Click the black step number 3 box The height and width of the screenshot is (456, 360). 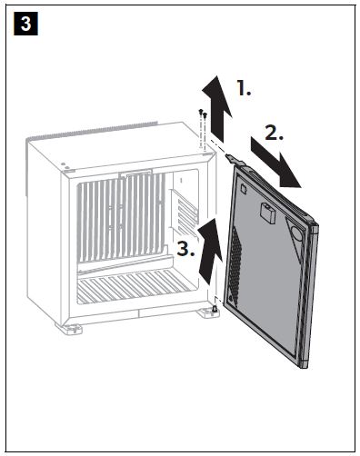coord(25,24)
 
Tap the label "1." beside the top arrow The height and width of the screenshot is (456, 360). coord(244,88)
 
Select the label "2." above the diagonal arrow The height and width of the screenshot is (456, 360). coord(275,133)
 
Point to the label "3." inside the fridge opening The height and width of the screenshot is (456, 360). coord(185,249)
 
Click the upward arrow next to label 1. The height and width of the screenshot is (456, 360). coord(216,109)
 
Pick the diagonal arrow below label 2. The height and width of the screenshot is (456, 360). coord(275,163)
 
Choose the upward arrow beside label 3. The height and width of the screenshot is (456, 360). coord(210,252)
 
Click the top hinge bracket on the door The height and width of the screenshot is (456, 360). coord(235,160)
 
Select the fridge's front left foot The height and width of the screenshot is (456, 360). coord(69,329)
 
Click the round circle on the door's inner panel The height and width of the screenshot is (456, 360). coord(297,233)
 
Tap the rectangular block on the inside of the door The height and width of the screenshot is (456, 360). coord(267,213)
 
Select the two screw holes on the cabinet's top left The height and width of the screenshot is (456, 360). coord(65,165)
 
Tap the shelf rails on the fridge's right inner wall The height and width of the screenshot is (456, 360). coord(185,212)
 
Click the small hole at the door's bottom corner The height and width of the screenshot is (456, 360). coord(231,298)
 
